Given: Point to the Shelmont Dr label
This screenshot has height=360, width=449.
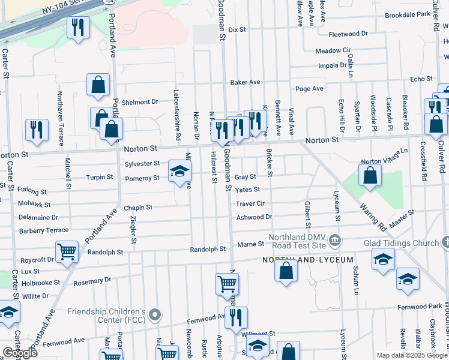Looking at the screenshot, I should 139,102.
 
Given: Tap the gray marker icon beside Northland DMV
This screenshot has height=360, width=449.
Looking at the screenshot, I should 335,241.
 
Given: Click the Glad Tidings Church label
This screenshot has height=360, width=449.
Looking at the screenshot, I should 400,242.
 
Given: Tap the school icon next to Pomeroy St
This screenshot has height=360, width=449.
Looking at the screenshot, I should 179,172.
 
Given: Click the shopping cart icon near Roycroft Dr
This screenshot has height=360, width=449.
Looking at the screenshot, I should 67,253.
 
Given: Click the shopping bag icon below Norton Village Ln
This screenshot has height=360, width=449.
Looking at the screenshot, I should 370,176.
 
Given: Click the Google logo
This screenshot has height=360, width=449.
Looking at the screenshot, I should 20,353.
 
